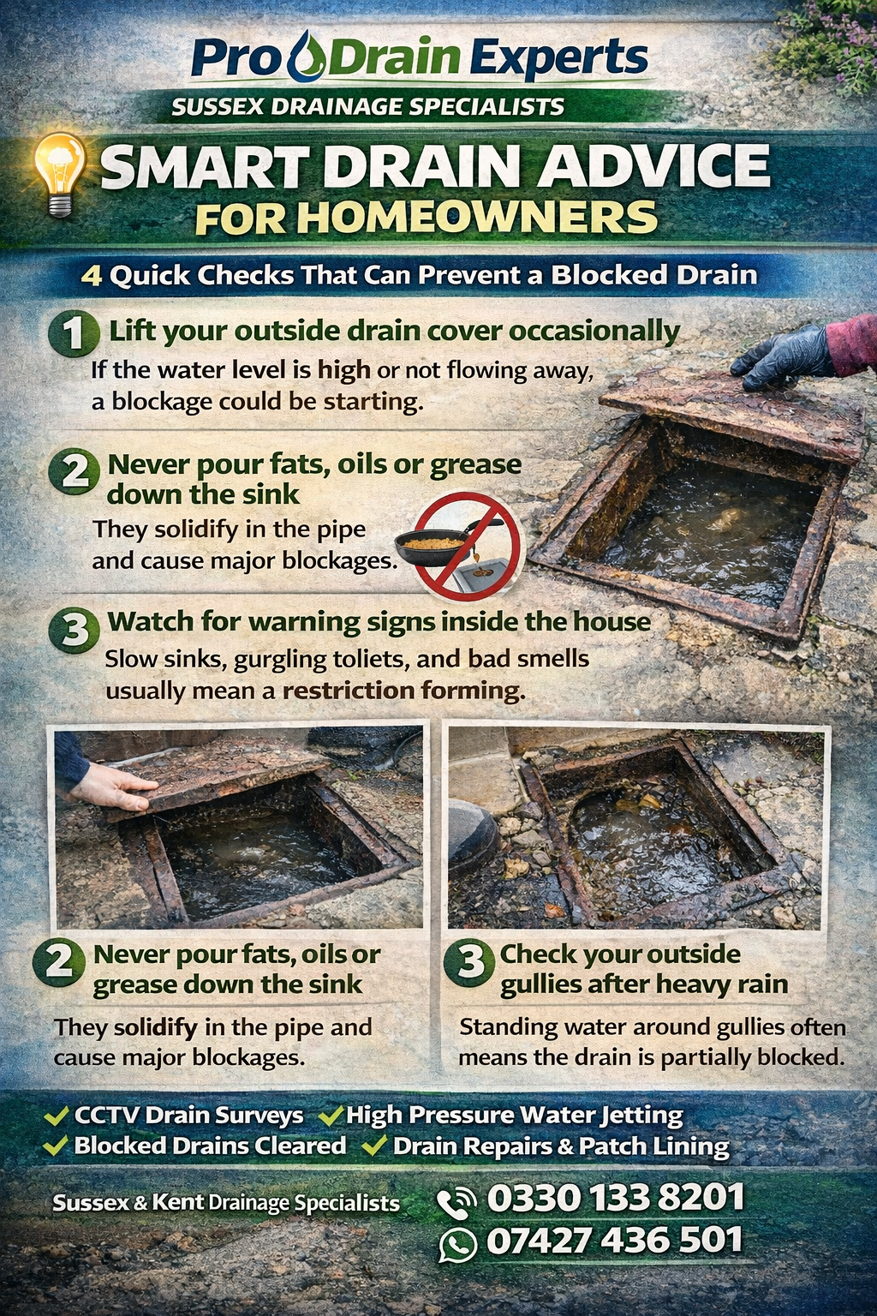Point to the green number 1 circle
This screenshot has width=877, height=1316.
(x=74, y=333)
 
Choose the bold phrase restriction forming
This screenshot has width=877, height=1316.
(x=404, y=691)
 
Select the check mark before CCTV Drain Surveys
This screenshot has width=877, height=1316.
(x=57, y=1115)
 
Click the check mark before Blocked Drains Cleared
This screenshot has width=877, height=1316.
(x=57, y=1146)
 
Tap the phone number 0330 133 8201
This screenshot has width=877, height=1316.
(x=616, y=1197)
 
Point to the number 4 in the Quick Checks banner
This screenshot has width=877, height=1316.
(x=91, y=275)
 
